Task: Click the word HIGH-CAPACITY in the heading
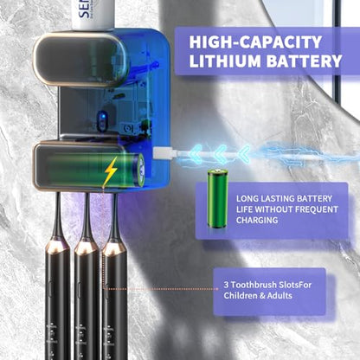pyautogui.click(x=255, y=42)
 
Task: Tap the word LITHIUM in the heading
pyautogui.click(x=225, y=61)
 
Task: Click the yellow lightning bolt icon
pyautogui.click(x=111, y=170)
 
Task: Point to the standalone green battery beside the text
pyautogui.click(x=217, y=199)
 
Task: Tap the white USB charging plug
pyautogui.click(x=163, y=152)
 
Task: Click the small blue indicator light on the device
pyautogui.click(x=101, y=118)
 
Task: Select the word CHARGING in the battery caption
pyautogui.click(x=257, y=220)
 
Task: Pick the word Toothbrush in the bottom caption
pyautogui.click(x=250, y=285)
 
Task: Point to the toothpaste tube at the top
pyautogui.click(x=93, y=15)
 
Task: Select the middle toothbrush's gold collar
pyautogui.click(x=86, y=246)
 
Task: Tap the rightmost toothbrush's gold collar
pyautogui.click(x=113, y=248)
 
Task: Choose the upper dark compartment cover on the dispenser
pyautogui.click(x=81, y=60)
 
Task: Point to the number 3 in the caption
pyautogui.click(x=226, y=285)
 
